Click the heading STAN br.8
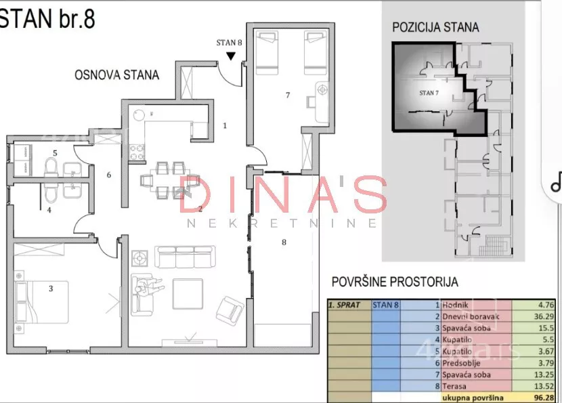[47, 18]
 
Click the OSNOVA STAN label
[116, 75]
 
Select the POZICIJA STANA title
[435, 28]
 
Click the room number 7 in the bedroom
[287, 96]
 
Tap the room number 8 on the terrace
[284, 240]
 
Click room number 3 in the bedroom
[50, 289]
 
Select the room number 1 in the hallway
[225, 125]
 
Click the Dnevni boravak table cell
[474, 316]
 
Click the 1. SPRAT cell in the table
[347, 305]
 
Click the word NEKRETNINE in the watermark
[282, 223]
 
